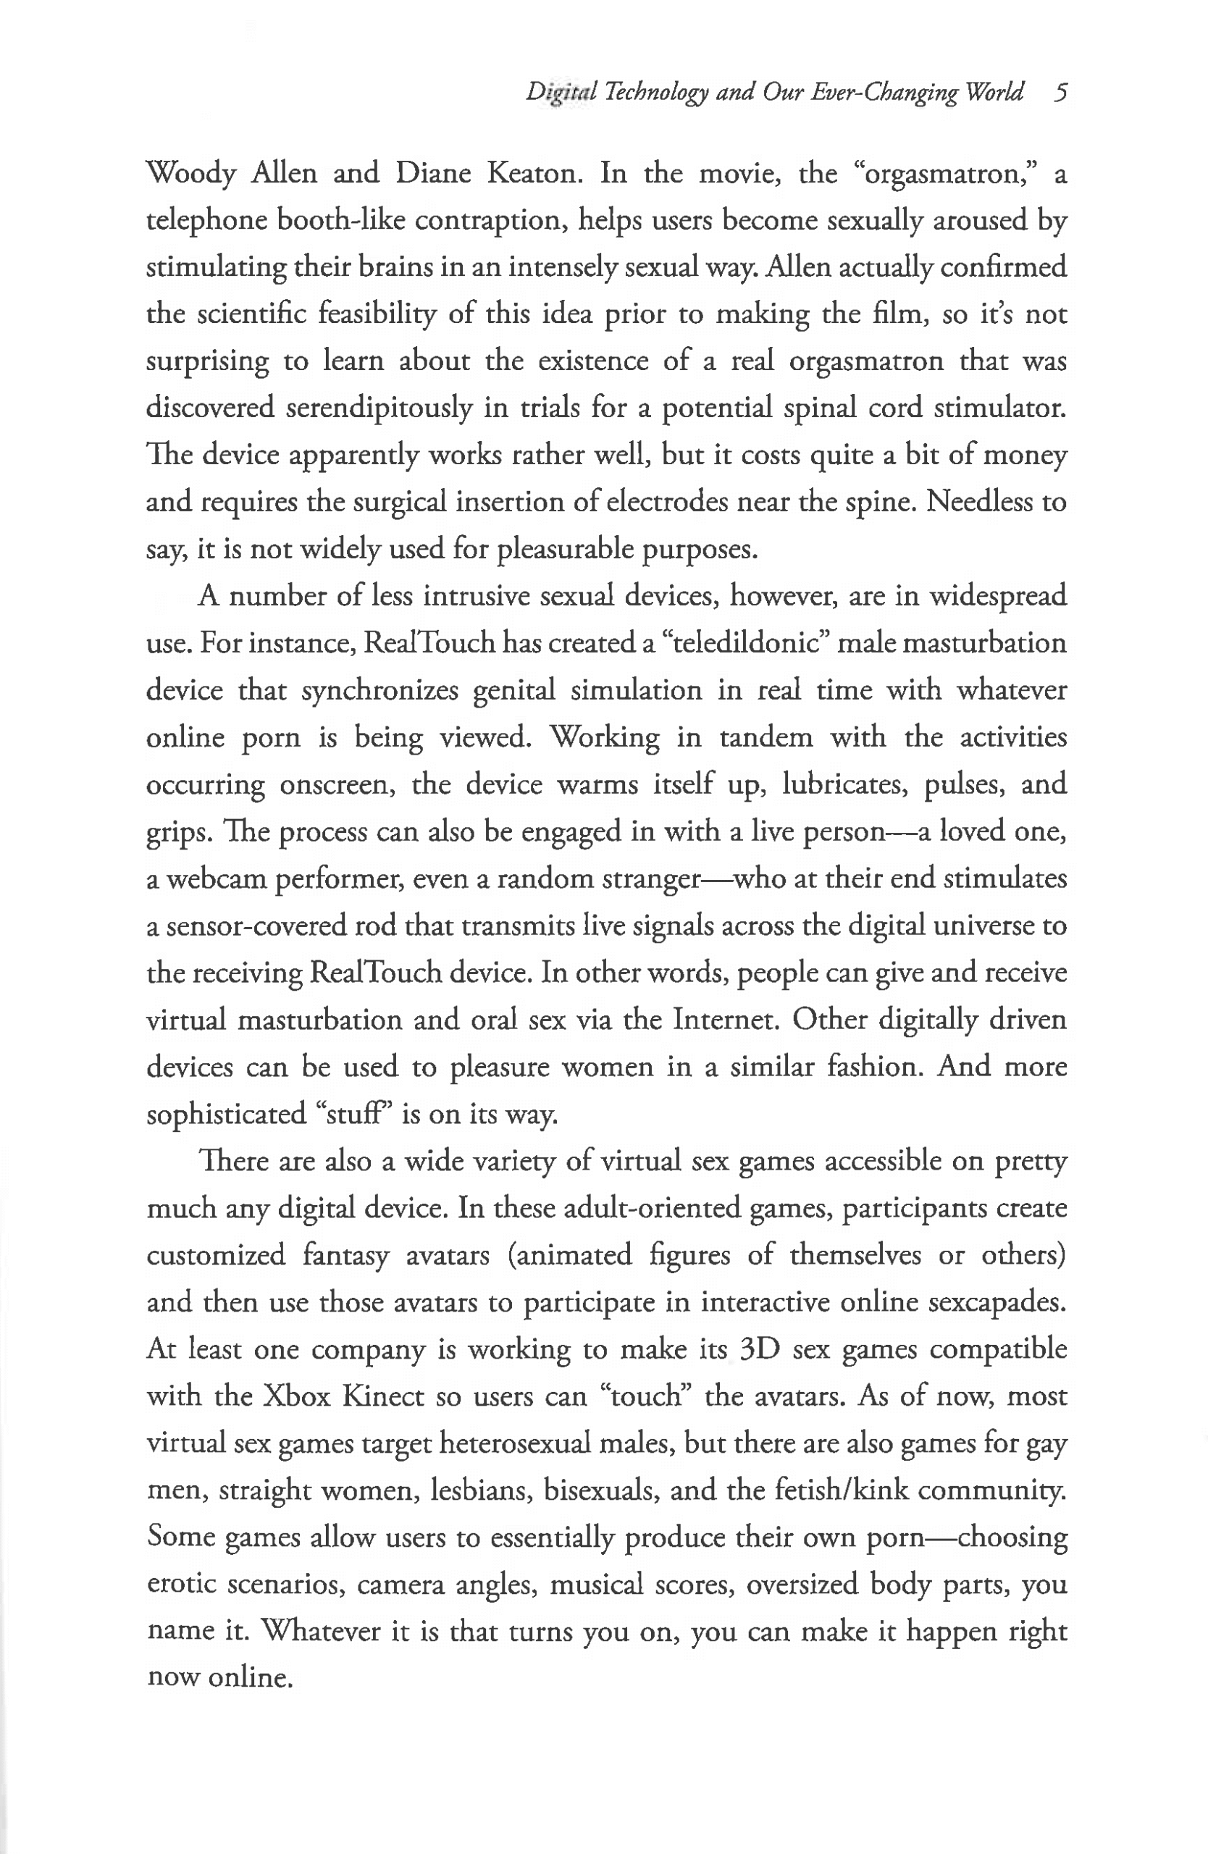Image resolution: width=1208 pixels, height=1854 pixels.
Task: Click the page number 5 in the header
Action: click(x=1060, y=93)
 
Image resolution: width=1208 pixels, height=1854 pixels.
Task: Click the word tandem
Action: click(x=766, y=737)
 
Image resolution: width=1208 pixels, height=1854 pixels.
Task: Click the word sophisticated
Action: click(x=226, y=1115)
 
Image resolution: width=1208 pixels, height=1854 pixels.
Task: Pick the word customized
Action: click(x=216, y=1256)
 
